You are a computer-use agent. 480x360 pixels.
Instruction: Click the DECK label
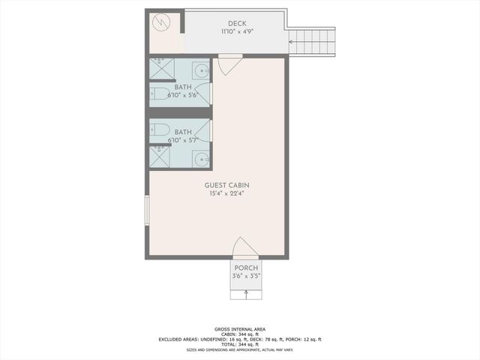point(237,24)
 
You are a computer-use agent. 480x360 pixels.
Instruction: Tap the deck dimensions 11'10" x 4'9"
point(237,32)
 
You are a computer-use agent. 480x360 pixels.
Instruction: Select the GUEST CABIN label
point(227,185)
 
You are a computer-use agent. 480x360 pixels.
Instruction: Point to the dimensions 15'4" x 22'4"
point(227,193)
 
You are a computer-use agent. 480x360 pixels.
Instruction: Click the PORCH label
point(246,268)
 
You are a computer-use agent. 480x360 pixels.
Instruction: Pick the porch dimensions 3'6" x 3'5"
point(246,276)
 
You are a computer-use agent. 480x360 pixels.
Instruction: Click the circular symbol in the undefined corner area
point(163,24)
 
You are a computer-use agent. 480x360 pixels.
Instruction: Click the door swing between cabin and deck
point(230,66)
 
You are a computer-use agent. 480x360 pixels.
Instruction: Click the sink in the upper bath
point(202,70)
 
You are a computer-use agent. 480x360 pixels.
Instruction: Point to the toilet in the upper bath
point(157,93)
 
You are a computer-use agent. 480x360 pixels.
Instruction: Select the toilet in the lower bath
point(157,132)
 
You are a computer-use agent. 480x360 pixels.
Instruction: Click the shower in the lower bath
point(160,157)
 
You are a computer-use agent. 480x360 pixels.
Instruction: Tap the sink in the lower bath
point(201,157)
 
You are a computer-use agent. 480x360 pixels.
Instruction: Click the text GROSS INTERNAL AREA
point(240,329)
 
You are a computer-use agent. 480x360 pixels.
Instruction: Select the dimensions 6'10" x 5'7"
point(183,140)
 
